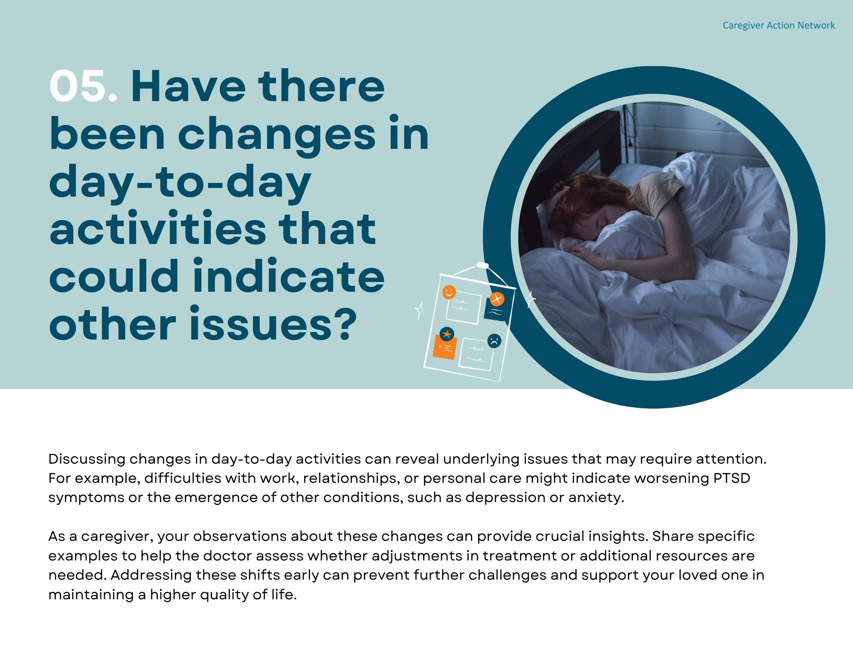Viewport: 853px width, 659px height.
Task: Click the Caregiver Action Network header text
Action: [x=778, y=26]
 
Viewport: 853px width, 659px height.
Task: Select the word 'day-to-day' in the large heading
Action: [x=180, y=182]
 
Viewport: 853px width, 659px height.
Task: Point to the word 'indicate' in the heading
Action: [x=289, y=276]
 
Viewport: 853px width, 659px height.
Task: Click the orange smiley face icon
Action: [x=449, y=292]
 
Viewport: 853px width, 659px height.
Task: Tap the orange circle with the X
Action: [x=496, y=299]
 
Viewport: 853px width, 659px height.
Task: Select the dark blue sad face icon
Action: [x=494, y=341]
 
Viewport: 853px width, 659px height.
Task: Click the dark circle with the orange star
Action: [x=447, y=334]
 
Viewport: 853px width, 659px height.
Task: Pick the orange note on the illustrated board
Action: [x=444, y=348]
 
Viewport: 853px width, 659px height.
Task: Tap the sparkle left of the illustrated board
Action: [x=420, y=310]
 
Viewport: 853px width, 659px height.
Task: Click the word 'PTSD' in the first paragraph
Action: [x=731, y=478]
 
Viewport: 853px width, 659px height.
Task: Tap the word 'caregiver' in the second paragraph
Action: [x=116, y=537]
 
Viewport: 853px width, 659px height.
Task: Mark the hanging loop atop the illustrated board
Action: [x=482, y=265]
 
